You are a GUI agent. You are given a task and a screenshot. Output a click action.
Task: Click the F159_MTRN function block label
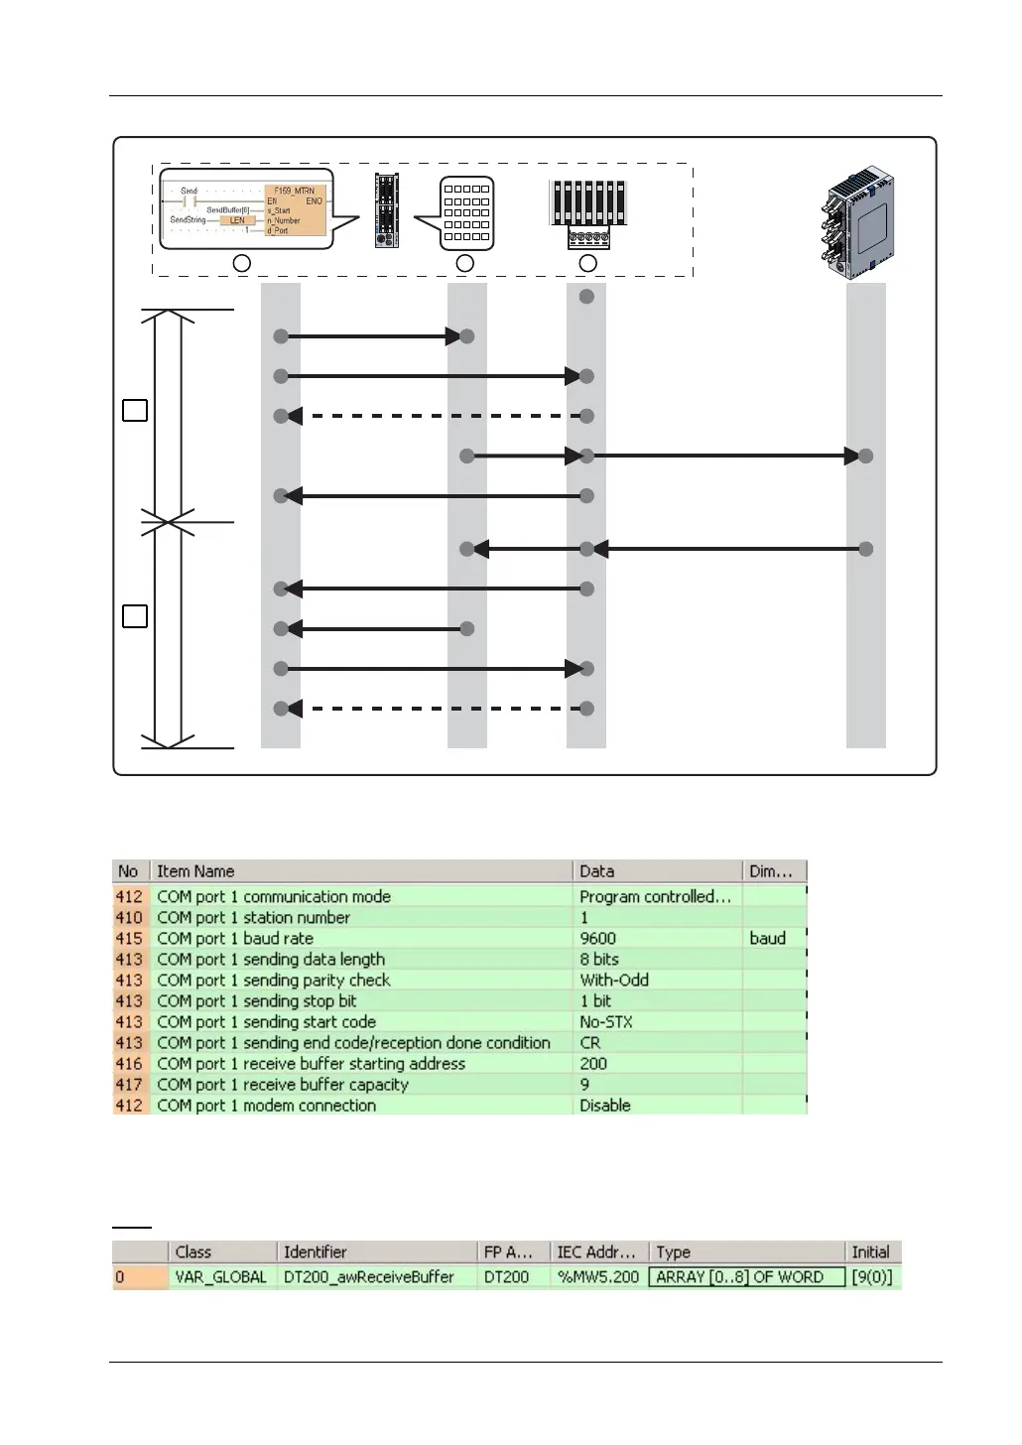click(x=294, y=191)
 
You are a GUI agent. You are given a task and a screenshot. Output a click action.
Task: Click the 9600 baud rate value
click(x=597, y=938)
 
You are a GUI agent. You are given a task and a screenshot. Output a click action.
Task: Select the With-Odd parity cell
click(x=614, y=980)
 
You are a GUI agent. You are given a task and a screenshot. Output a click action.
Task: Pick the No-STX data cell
click(x=605, y=1021)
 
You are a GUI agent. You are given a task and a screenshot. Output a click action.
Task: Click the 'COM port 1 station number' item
click(x=253, y=917)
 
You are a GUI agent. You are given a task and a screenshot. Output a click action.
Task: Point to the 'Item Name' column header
click(x=195, y=871)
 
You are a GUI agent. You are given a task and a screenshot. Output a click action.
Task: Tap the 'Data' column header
click(x=596, y=871)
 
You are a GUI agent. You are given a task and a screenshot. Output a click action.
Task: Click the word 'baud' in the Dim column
click(x=767, y=938)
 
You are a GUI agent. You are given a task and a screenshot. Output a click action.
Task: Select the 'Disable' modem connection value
click(x=604, y=1105)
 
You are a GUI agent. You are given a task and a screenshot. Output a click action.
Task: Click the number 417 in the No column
click(x=129, y=1084)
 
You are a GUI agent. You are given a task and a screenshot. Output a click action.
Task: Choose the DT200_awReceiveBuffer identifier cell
click(x=368, y=1277)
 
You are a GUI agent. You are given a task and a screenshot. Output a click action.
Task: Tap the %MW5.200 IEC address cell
click(x=597, y=1277)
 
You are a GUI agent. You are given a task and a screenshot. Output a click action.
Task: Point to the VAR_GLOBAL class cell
click(x=220, y=1277)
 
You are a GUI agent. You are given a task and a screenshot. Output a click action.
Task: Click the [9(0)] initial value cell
click(x=872, y=1277)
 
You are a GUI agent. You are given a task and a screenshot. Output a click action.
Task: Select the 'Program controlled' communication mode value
click(x=655, y=896)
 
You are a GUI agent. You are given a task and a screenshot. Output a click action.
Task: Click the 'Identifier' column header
click(x=315, y=1251)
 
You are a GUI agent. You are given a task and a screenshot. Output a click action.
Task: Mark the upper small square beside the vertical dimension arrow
click(x=135, y=410)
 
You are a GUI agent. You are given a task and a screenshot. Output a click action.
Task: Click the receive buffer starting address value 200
click(x=593, y=1063)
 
